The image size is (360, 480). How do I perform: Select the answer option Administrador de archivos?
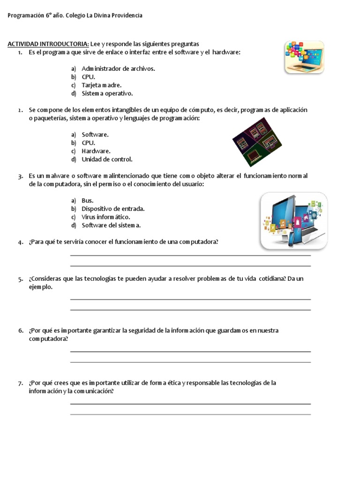tap(118, 68)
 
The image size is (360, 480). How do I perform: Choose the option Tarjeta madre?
tap(101, 85)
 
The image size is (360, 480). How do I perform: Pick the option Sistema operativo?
tap(107, 93)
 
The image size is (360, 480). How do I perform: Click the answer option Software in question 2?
tap(95, 135)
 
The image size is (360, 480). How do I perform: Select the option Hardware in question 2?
tap(96, 151)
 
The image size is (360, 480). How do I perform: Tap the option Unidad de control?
tap(107, 159)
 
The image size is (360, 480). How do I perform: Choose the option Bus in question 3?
tap(87, 201)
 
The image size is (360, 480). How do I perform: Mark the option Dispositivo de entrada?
tap(113, 209)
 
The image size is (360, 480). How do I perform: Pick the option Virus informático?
tap(106, 217)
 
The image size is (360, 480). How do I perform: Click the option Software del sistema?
tap(111, 225)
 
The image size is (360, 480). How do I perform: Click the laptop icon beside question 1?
tap(304, 57)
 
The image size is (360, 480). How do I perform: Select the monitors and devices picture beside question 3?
tap(294, 220)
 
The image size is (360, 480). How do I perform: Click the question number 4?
tap(21, 242)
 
